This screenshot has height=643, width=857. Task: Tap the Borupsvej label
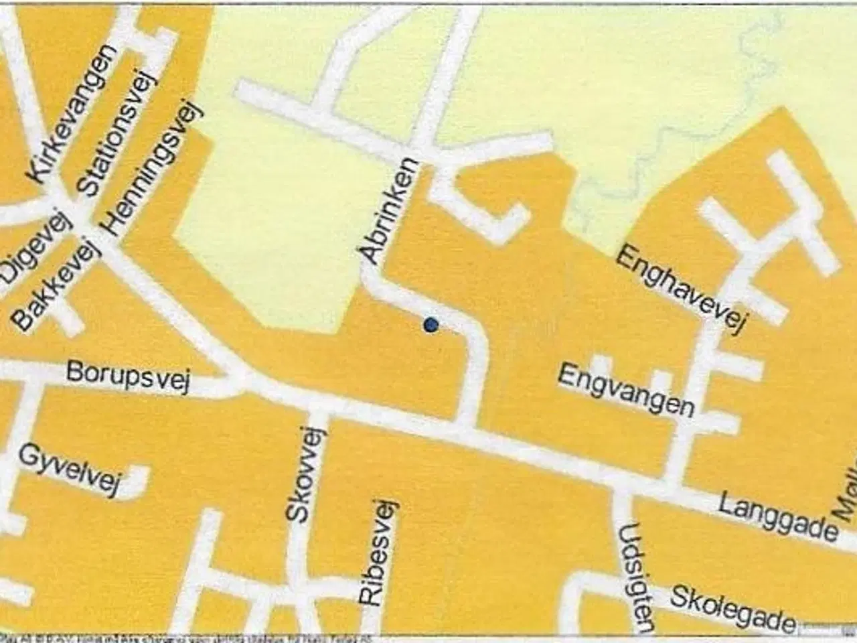pyautogui.click(x=129, y=376)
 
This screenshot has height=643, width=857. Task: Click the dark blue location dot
pyautogui.click(x=431, y=326)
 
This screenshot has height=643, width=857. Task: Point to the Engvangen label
pyautogui.click(x=626, y=389)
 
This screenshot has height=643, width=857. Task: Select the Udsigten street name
pyautogui.click(x=637, y=577)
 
